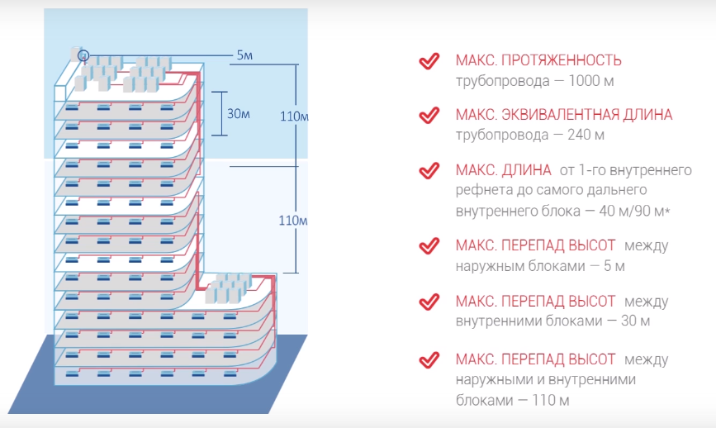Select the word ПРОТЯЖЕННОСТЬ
point(569,61)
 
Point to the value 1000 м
point(588,81)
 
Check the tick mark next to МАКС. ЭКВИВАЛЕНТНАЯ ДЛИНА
point(428,115)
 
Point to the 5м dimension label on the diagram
point(244,55)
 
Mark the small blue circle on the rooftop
point(83,55)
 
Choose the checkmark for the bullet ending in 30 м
point(428,302)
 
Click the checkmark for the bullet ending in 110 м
point(428,360)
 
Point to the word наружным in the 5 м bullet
point(486,266)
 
